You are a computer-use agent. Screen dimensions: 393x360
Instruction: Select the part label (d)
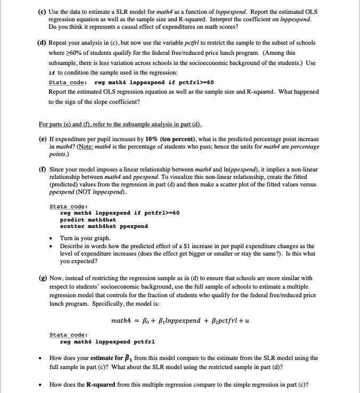pyautogui.click(x=43, y=42)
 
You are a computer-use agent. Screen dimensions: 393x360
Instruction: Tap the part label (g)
pyautogui.click(x=43, y=278)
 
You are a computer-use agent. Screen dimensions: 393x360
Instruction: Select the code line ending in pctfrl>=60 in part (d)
pyautogui.click(x=154, y=82)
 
